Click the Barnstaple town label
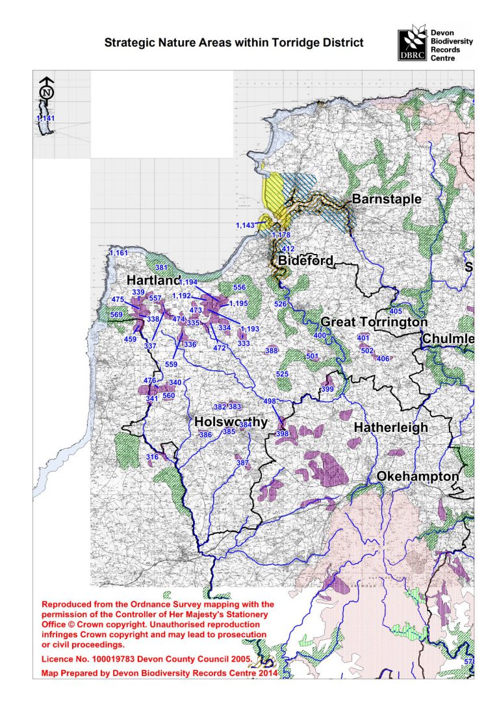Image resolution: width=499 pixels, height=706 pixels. click(387, 199)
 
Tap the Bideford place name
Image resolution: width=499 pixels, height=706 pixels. click(305, 260)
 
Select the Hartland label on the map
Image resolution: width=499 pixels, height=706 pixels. click(153, 280)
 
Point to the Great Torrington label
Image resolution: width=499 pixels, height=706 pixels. click(374, 322)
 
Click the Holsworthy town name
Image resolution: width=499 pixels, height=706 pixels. click(231, 422)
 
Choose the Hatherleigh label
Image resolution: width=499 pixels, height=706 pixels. click(390, 427)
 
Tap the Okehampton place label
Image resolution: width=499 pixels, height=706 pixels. click(418, 476)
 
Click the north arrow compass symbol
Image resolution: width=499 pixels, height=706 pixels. click(45, 92)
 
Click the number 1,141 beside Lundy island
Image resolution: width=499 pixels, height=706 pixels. click(45, 118)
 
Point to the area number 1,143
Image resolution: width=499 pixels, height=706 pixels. click(246, 225)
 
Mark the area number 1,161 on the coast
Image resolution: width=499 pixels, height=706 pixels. click(119, 252)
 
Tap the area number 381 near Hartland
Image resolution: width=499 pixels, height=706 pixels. click(161, 268)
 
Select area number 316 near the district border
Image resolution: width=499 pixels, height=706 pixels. click(152, 457)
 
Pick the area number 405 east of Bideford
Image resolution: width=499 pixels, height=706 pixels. click(396, 312)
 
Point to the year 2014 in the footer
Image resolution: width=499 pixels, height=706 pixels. click(266, 673)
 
